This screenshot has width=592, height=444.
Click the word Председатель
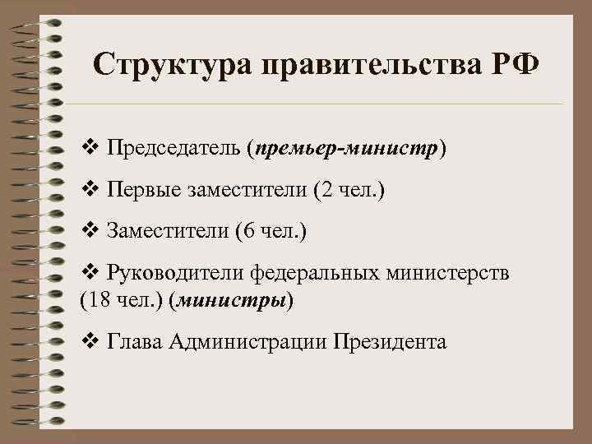[173, 149]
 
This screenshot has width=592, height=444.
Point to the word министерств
[448, 272]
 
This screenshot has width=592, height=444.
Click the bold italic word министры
[230, 300]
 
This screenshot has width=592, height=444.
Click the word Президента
[390, 341]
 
